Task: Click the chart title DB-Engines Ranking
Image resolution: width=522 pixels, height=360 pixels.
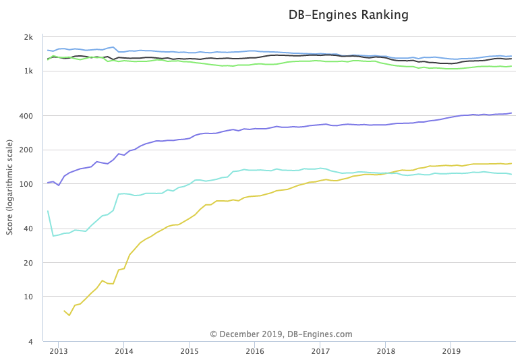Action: tap(348, 15)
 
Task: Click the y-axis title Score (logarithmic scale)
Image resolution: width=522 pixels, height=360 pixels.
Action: tap(9, 187)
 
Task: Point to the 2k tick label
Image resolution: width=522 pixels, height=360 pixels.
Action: tap(28, 37)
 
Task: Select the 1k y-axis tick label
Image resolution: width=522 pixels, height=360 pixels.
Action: tap(28, 71)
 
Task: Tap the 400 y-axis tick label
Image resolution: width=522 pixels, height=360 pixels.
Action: tap(26, 116)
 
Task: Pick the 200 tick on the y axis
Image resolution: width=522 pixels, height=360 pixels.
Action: tap(26, 150)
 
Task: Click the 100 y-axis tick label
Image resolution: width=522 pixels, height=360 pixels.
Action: tap(26, 184)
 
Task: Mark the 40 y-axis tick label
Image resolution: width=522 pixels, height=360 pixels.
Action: tap(28, 229)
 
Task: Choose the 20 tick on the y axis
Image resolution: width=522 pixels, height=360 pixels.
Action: tap(28, 262)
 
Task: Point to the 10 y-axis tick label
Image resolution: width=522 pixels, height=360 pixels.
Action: tap(28, 297)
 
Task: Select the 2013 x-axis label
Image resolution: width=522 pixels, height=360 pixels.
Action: tap(59, 351)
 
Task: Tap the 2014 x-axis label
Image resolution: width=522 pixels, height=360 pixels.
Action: tap(124, 351)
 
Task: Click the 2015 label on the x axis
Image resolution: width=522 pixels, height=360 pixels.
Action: tap(190, 351)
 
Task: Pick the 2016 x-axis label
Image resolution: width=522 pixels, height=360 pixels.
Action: tap(255, 351)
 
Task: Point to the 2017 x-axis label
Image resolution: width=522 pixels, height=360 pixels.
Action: tap(320, 351)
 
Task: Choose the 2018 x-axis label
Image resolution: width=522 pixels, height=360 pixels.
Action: tap(386, 351)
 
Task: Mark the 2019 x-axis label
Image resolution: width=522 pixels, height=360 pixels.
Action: tap(451, 351)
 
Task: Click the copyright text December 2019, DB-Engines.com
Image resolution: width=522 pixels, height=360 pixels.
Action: tap(281, 334)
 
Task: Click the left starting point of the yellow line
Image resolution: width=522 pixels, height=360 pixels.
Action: tap(64, 311)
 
